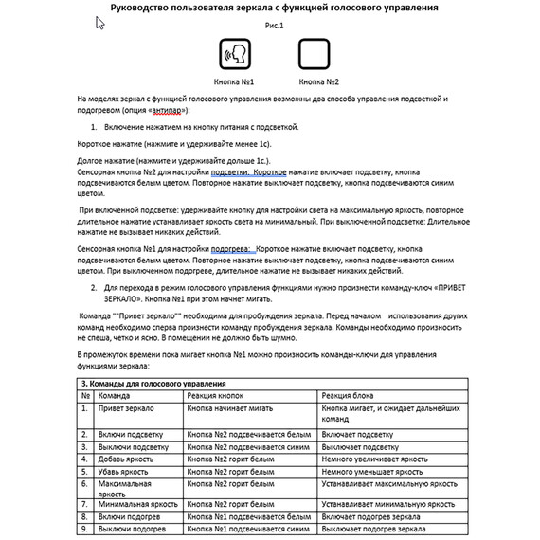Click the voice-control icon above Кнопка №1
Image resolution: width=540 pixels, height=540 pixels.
click(x=235, y=54)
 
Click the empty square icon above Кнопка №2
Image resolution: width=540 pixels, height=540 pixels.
click(x=314, y=54)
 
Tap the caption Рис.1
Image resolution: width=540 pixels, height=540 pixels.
click(x=274, y=26)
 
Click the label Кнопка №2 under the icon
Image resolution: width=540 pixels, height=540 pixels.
click(x=317, y=82)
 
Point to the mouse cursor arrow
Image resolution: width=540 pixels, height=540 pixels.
click(x=100, y=21)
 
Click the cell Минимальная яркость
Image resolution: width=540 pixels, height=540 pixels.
click(x=137, y=505)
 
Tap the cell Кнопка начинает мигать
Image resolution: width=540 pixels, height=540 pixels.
click(x=228, y=407)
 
